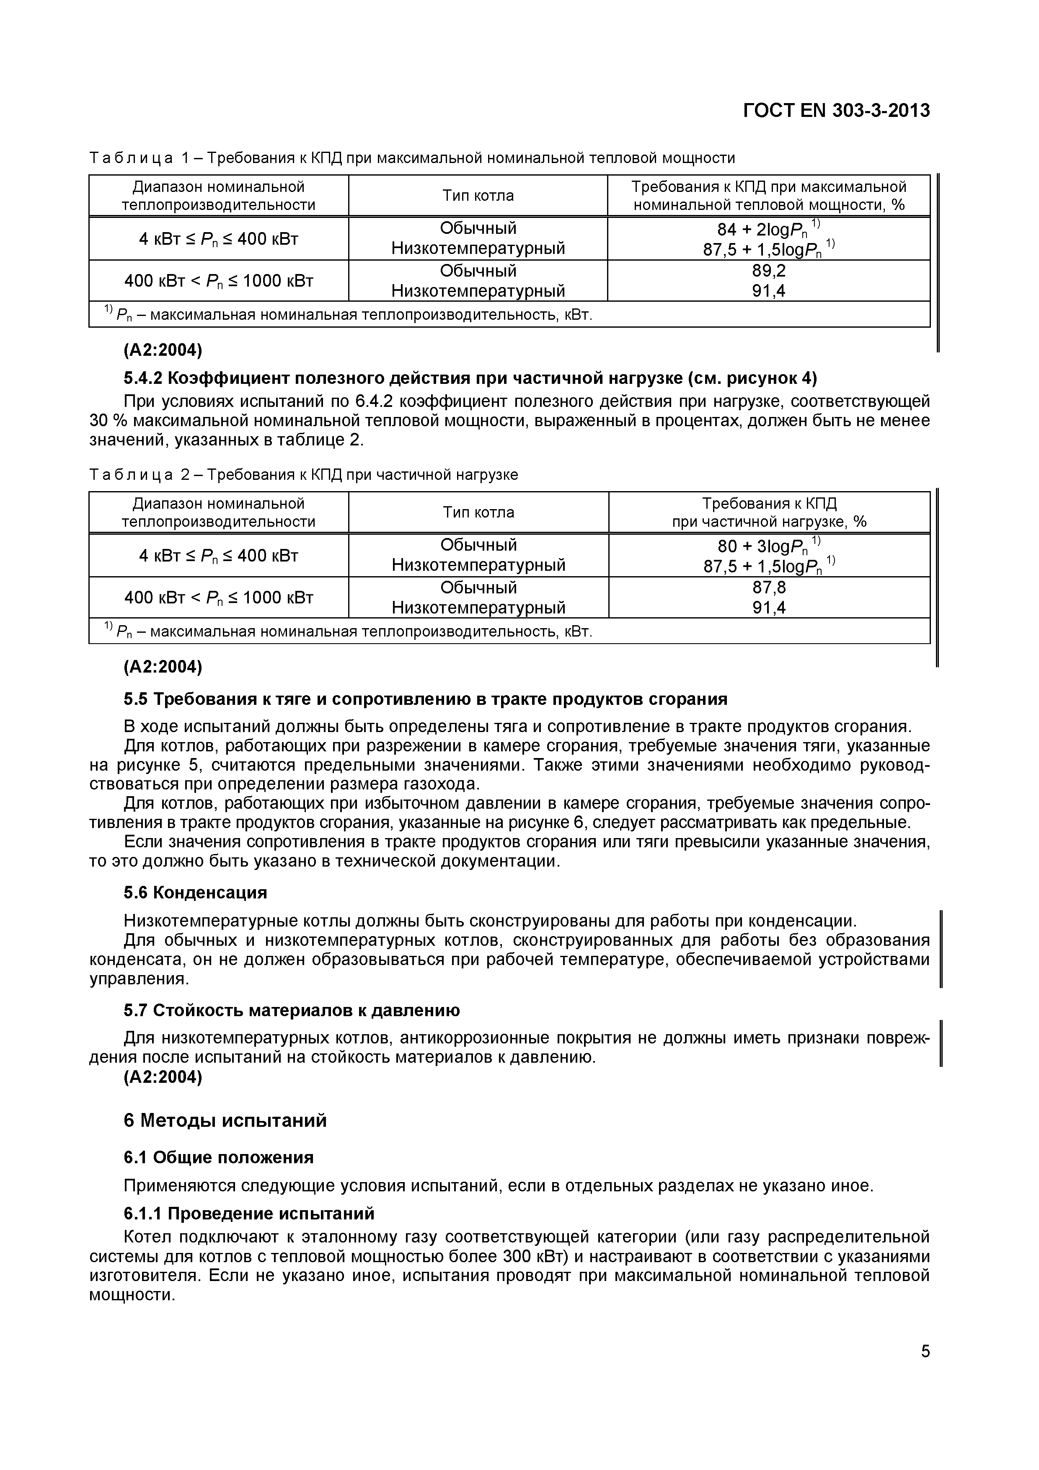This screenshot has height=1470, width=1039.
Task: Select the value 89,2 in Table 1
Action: (768, 271)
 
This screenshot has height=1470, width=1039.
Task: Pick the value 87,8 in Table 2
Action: (769, 587)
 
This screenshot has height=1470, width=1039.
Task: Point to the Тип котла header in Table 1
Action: (478, 195)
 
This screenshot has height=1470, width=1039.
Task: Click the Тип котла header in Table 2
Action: (478, 512)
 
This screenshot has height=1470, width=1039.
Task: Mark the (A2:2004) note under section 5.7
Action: (163, 1077)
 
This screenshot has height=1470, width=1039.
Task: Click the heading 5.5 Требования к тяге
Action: (425, 699)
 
